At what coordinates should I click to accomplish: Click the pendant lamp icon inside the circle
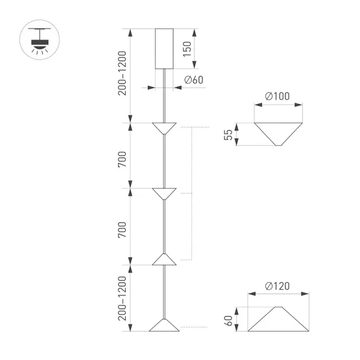pyautogui.click(x=39, y=40)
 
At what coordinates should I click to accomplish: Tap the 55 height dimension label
pyautogui.click(x=228, y=134)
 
